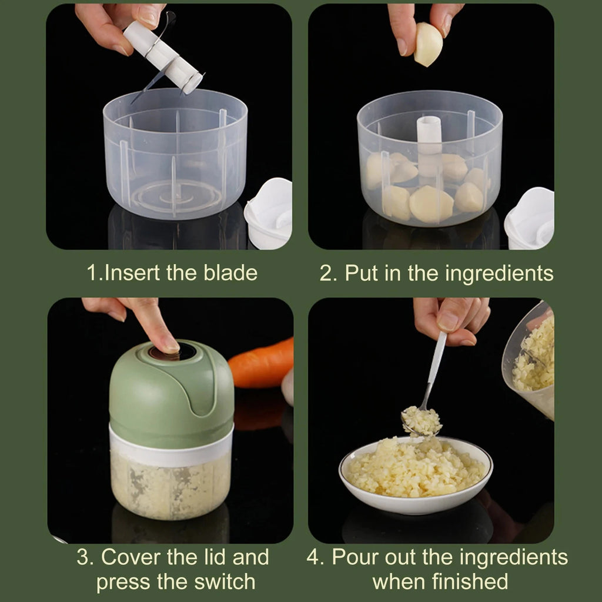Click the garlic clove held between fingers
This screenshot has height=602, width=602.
427,44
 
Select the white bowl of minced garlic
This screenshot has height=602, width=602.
416,474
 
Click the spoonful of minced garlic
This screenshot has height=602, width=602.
422,420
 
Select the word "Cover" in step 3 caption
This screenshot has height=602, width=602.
131,557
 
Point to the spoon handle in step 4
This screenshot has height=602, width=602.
436,364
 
